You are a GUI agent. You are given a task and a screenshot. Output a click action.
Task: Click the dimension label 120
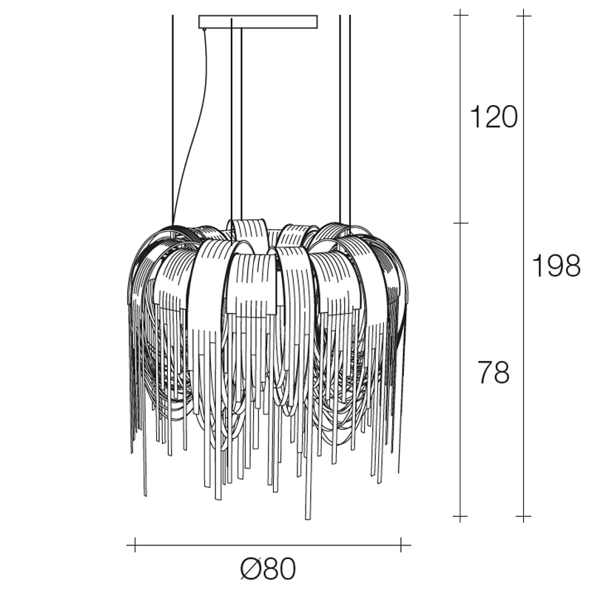point(493,117)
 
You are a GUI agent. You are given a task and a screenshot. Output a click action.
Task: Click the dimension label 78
point(494,372)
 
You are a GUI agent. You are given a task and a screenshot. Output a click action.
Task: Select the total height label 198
point(556,266)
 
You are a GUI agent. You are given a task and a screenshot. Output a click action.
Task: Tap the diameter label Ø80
point(268,568)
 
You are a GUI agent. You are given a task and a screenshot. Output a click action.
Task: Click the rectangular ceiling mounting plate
point(258,22)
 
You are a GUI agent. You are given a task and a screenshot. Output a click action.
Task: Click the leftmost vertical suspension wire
point(172,121)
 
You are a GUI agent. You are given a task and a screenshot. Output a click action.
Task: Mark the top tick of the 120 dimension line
point(460,15)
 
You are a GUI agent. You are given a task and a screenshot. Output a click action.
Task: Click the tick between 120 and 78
point(460,223)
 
